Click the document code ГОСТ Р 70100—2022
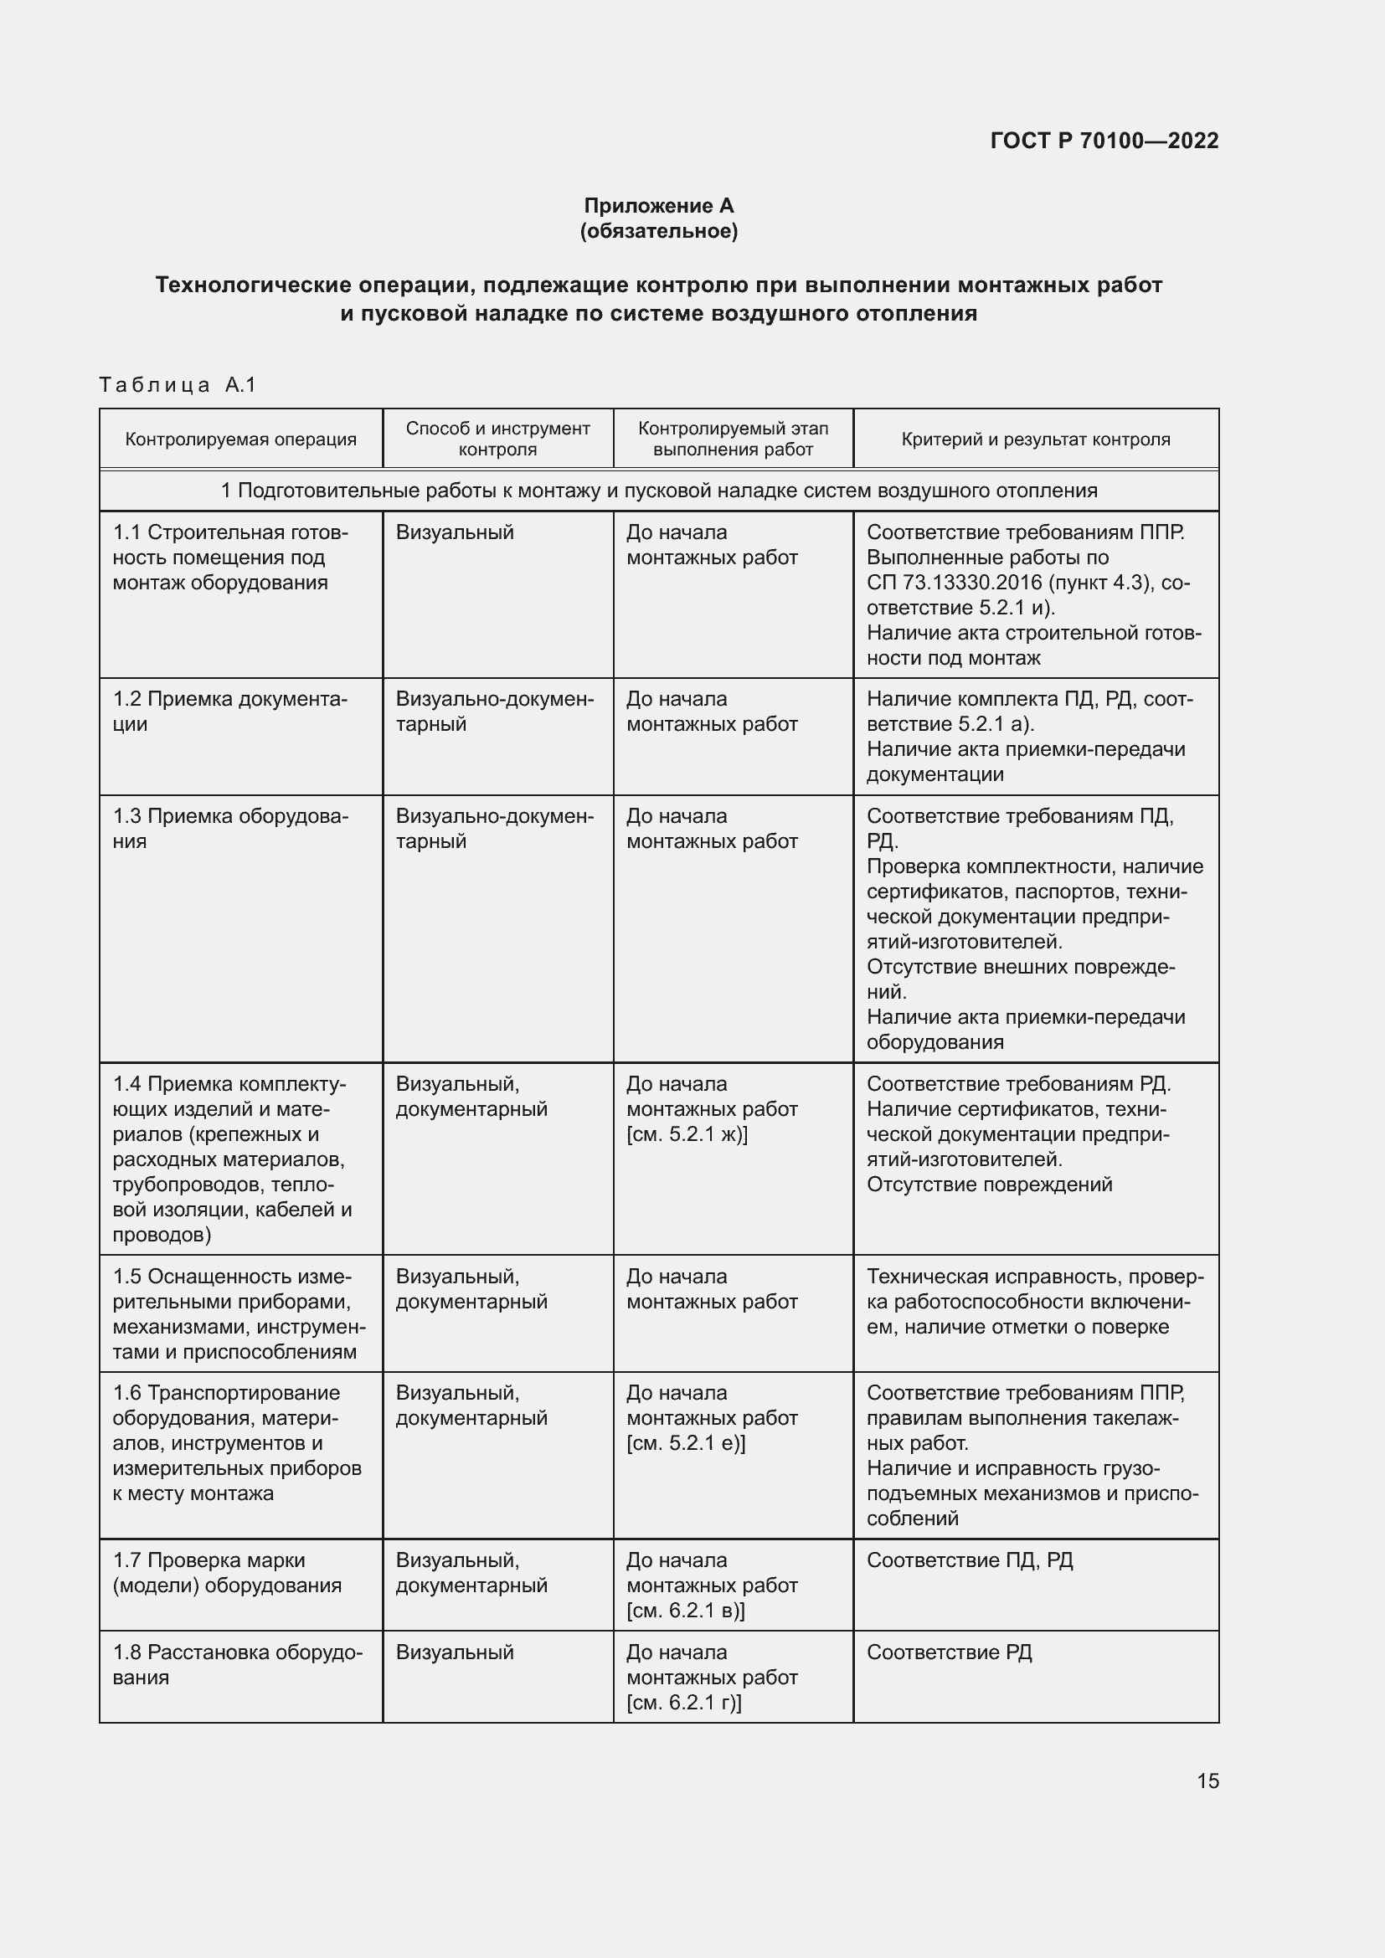[1104, 141]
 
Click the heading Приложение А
[658, 206]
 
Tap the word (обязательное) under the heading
[658, 231]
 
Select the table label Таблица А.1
[178, 384]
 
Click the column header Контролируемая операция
[240, 439]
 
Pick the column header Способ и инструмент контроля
[497, 439]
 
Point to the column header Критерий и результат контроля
[1035, 439]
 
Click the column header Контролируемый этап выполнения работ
[733, 439]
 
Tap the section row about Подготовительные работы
[658, 491]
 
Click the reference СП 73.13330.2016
[955, 583]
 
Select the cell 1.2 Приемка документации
[229, 712]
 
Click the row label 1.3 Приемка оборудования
[229, 828]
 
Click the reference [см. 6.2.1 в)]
[686, 1610]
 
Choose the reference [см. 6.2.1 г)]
[684, 1702]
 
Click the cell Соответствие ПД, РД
[970, 1560]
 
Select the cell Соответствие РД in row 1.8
[949, 1652]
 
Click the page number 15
[1207, 1781]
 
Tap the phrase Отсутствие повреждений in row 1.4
[989, 1184]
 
